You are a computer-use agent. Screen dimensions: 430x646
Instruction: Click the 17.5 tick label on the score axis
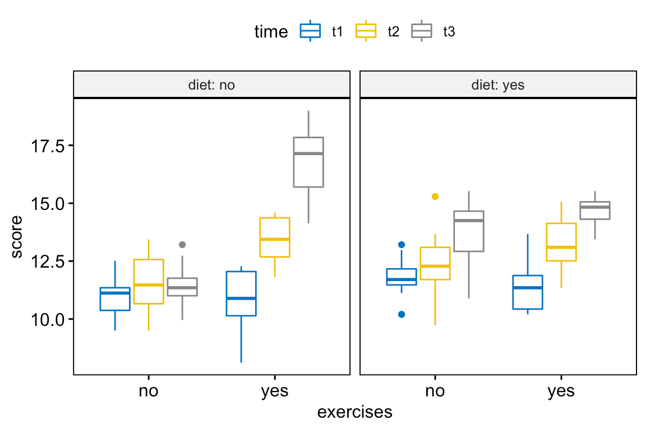coord(48,146)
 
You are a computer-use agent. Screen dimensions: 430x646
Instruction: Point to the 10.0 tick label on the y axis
coord(48,319)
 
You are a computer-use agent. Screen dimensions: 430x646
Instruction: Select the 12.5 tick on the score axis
coord(48,261)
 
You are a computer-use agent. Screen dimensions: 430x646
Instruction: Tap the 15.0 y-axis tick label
coord(48,203)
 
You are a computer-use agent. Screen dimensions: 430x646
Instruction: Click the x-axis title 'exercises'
coord(354,413)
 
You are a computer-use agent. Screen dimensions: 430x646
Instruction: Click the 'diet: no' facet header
coord(211,86)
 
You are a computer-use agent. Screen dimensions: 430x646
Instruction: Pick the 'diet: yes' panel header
coord(498,86)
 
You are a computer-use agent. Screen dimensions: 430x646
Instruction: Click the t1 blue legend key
coord(310,31)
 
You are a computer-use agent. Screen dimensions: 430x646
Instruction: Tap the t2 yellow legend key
coord(366,31)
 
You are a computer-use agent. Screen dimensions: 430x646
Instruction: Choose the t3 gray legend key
coord(422,31)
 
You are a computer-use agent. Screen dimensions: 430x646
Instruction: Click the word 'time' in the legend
coord(271,32)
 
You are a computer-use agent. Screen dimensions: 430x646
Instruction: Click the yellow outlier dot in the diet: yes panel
coord(435,197)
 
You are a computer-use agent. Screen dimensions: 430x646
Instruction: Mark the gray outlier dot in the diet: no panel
coord(182,245)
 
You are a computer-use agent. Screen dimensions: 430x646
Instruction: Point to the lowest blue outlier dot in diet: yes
coord(402,314)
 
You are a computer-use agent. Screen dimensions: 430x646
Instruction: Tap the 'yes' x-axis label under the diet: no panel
coord(275,391)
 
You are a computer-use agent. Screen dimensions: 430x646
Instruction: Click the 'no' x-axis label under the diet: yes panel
coord(435,391)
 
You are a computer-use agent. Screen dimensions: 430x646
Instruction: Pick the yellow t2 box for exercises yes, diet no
coord(275,237)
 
